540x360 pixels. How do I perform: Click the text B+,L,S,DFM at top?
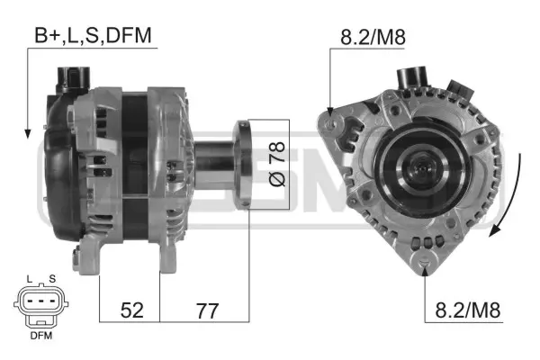(x=94, y=35)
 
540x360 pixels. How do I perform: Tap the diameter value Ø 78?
(x=276, y=164)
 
